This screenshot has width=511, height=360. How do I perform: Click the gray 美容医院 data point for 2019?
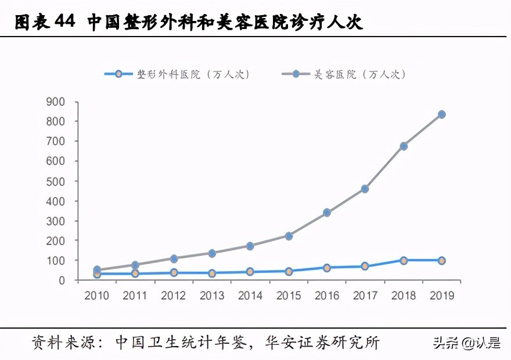441,114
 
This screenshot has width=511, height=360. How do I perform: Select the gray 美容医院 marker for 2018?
404,146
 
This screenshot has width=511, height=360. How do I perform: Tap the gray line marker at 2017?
365,189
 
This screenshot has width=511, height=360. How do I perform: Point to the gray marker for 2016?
327,213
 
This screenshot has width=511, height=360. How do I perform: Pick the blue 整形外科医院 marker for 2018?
404,261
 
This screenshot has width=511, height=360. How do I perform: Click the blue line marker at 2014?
250,272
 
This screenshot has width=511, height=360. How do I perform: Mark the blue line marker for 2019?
441,261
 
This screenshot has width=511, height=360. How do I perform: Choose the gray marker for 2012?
174,258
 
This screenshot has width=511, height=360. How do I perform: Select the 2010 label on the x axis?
97,296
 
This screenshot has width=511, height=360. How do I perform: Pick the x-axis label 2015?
289,296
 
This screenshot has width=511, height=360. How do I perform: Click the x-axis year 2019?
441,296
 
